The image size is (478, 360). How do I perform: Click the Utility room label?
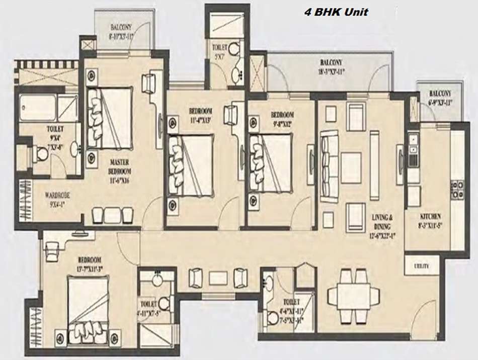421,265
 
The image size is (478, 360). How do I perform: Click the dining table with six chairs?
349,295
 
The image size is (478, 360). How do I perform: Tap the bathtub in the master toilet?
37,108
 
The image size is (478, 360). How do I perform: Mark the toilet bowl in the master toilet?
41,154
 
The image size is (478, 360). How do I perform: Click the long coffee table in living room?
374,165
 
